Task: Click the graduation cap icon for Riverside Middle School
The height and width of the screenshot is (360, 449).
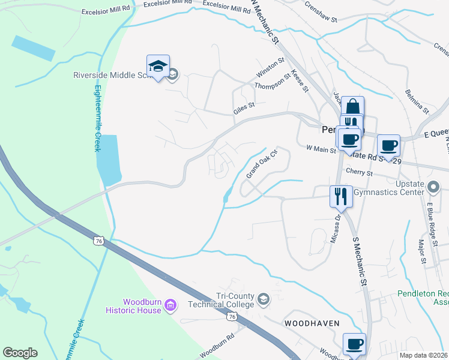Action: point(158,67)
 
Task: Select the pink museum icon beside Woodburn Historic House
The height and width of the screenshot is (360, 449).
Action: point(171,306)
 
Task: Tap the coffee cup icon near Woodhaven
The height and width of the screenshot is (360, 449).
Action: point(354,344)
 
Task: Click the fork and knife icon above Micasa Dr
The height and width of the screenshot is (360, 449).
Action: point(340,195)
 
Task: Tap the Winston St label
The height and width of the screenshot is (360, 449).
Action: point(270,67)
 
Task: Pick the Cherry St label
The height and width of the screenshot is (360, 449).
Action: point(360,173)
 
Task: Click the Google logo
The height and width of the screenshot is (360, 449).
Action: point(20,353)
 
